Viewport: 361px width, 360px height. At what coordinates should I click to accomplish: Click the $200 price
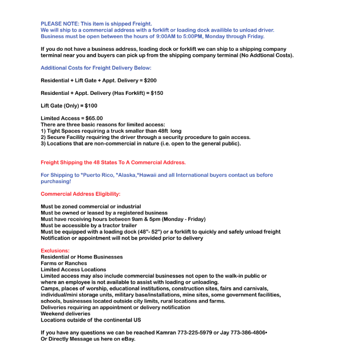click(x=150, y=81)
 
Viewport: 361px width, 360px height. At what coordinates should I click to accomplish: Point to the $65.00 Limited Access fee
click(x=94, y=118)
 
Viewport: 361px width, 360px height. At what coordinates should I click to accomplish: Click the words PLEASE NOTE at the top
click(x=60, y=24)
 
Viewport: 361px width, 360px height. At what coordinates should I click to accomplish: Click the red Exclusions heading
click(x=55, y=251)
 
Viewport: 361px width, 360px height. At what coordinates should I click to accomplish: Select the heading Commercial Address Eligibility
click(x=81, y=194)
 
